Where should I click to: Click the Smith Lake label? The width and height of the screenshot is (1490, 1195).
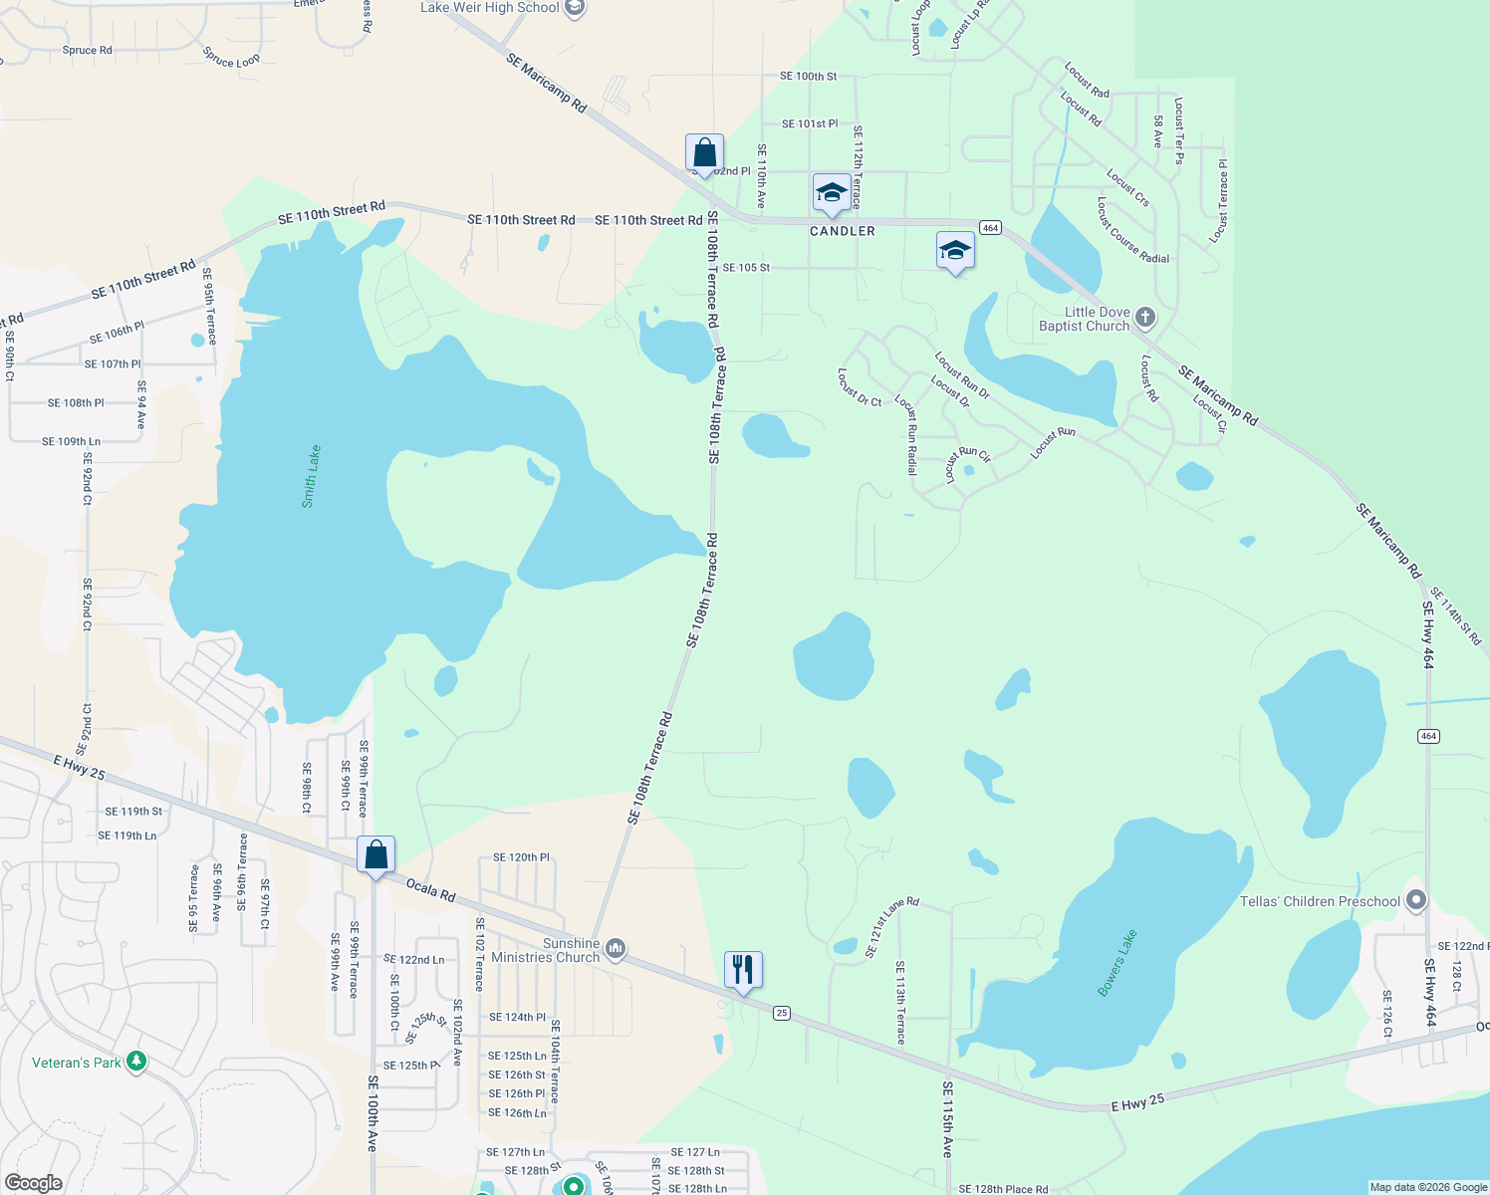pos(312,476)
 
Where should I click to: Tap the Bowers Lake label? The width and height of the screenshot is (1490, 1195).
pos(1117,962)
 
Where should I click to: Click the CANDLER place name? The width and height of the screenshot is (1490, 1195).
pos(843,231)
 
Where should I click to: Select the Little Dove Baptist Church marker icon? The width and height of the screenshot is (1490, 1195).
pos(1145,318)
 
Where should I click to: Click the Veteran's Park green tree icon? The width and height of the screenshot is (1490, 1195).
pos(137,1063)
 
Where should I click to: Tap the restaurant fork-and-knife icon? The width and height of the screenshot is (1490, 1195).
pos(743,968)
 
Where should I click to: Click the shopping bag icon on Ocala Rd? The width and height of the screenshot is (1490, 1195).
pos(375,854)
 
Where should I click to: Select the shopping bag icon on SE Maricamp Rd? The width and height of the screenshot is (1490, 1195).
pos(704,153)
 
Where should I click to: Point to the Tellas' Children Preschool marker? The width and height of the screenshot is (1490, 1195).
pos(1416,901)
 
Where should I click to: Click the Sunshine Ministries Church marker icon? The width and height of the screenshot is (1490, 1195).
pos(616,949)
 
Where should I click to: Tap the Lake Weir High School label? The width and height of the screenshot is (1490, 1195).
pos(490,8)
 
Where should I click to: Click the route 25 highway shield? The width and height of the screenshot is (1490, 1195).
pos(782,1013)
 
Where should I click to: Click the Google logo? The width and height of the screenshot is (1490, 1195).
pos(33,1183)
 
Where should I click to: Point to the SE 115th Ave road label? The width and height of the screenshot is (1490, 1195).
pos(947,1119)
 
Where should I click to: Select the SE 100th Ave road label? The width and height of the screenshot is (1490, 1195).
pos(372,1113)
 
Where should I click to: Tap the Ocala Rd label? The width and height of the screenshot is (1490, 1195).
pos(431,890)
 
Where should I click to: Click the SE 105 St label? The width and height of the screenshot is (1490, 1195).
pos(746,268)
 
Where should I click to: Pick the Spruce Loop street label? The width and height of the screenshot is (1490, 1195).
pos(231,58)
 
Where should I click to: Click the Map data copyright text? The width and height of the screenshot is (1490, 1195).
pos(1427,1187)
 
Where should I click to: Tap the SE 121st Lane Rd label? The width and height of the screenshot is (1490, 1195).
pos(891,927)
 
